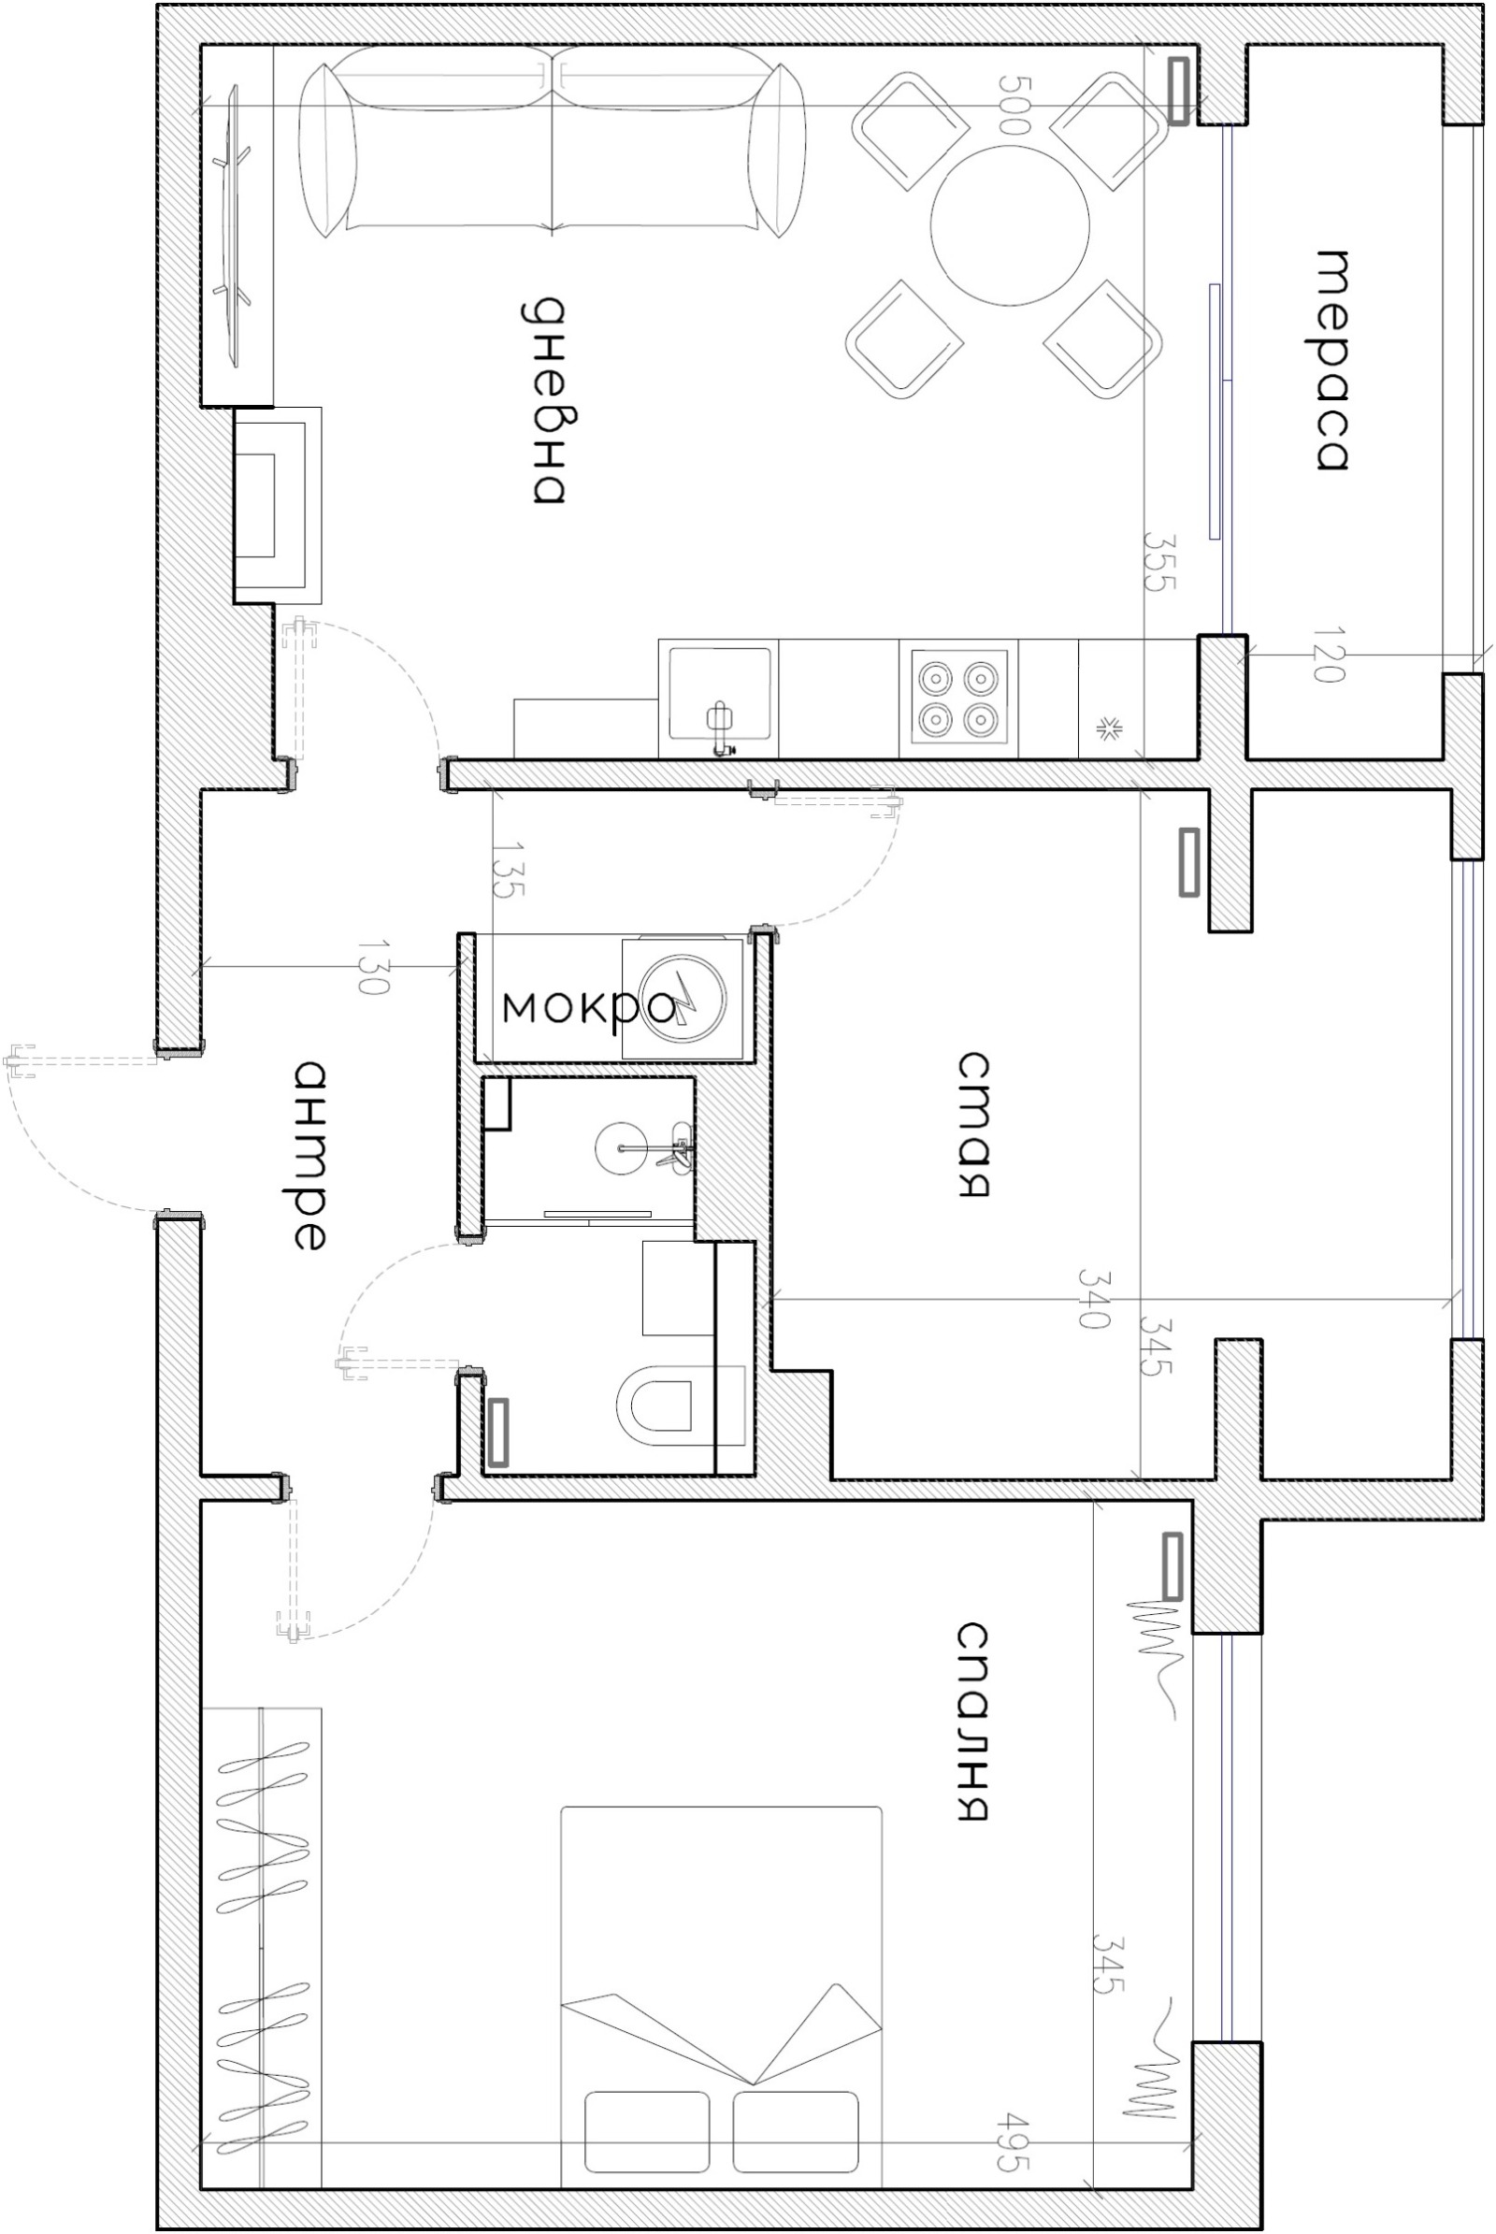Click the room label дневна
pos(547,400)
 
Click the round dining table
pos(1010,225)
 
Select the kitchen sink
pos(719,695)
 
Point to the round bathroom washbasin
pos(622,1147)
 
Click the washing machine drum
pos(683,997)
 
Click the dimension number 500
pos(1014,104)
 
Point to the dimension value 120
pos(1328,654)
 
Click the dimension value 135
pos(509,869)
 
